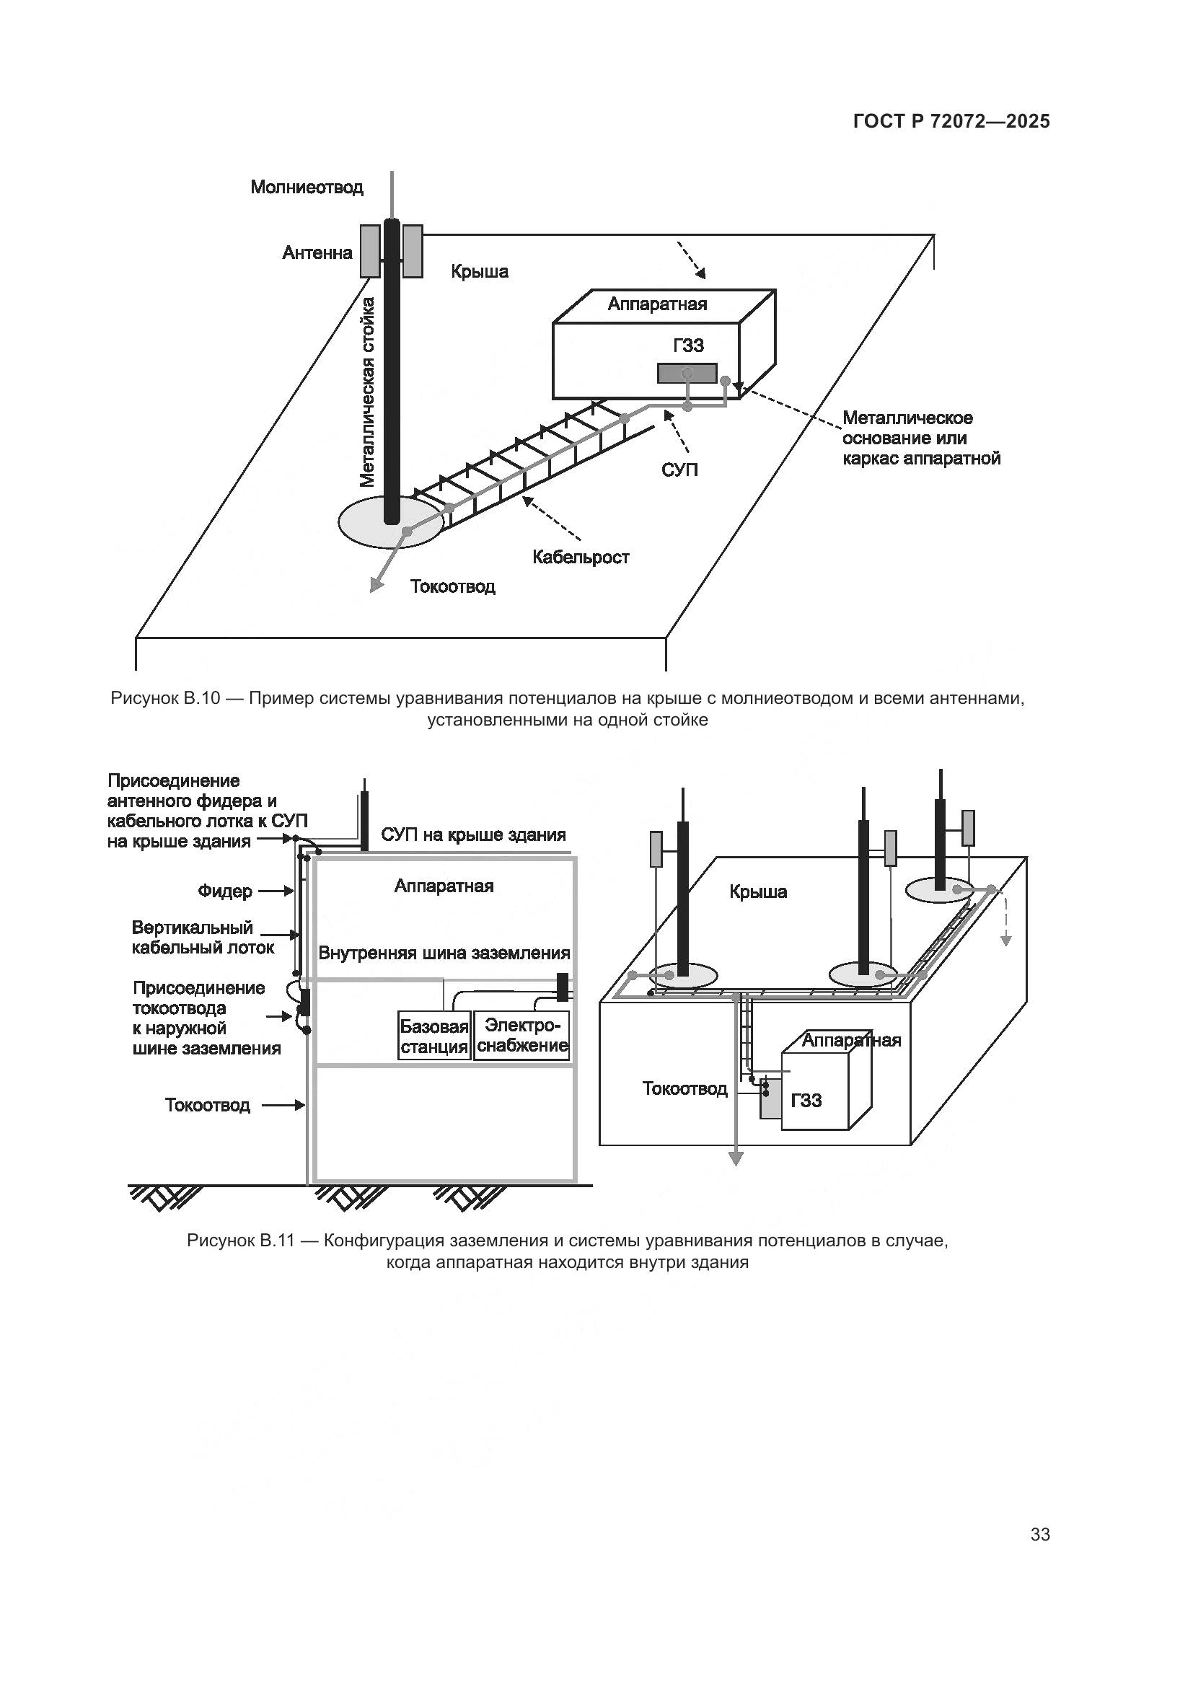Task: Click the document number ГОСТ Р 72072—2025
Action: (951, 121)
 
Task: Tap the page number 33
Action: (1039, 1533)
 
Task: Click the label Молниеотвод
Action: (307, 188)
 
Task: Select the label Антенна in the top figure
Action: (317, 253)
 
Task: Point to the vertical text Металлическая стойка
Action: (367, 392)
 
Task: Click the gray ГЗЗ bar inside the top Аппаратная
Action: (686, 374)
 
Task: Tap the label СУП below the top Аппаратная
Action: (679, 470)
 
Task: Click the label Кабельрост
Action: (581, 558)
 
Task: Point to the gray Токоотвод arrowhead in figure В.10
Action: (376, 584)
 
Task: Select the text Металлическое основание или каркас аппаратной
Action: (921, 439)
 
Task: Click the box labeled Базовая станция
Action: (434, 1036)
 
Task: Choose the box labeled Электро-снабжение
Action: (522, 1036)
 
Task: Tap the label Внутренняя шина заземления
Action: (444, 953)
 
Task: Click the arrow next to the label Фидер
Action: (276, 891)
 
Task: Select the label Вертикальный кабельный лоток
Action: (203, 938)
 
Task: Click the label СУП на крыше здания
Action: (473, 835)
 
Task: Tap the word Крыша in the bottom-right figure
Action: (758, 892)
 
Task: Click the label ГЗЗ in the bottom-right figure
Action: (806, 1101)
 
